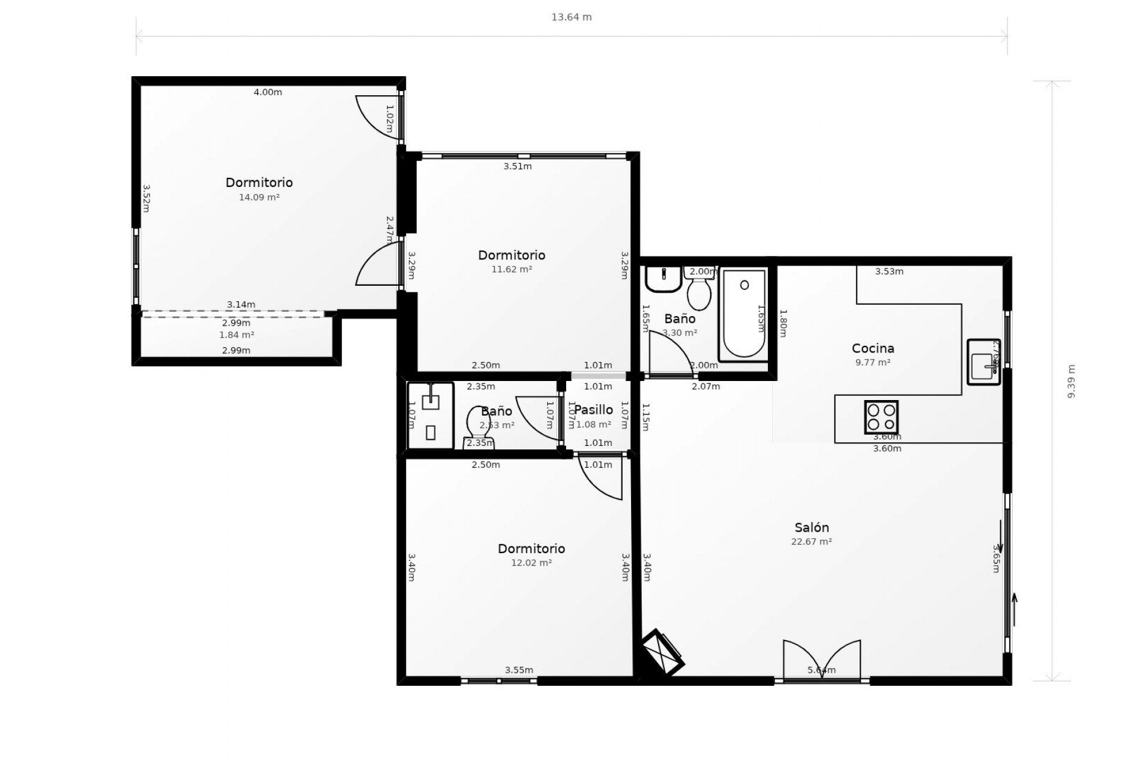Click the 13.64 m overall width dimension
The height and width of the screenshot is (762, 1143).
pyautogui.click(x=571, y=17)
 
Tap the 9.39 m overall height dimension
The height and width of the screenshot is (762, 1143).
pyautogui.click(x=1072, y=381)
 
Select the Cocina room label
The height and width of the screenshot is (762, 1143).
pyautogui.click(x=873, y=348)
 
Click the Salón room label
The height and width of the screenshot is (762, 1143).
pyautogui.click(x=811, y=527)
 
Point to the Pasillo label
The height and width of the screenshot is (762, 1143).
pyautogui.click(x=594, y=410)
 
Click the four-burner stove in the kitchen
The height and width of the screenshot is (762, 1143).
pyautogui.click(x=881, y=417)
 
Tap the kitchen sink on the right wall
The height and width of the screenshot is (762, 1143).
pyautogui.click(x=983, y=363)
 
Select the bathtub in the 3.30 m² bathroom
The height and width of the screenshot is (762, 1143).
pyautogui.click(x=744, y=314)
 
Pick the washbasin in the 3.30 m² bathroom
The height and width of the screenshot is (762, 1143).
pyautogui.click(x=663, y=279)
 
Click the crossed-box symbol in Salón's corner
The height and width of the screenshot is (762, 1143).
pyautogui.click(x=663, y=652)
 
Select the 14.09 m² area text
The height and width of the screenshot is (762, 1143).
pyautogui.click(x=259, y=197)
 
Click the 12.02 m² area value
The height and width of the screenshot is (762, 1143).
pyautogui.click(x=531, y=563)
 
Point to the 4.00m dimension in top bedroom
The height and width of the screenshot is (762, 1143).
pyautogui.click(x=268, y=92)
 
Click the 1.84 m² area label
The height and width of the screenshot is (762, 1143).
pyautogui.click(x=236, y=335)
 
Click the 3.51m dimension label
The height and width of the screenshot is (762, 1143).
pyautogui.click(x=517, y=166)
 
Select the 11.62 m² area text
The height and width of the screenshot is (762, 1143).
pyautogui.click(x=511, y=269)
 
